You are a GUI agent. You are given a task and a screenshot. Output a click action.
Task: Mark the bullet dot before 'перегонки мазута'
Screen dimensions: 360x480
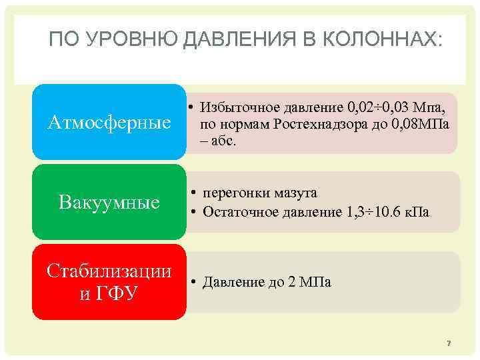point(191,193)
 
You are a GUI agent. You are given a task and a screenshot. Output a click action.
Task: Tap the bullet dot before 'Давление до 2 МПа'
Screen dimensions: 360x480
point(191,283)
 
